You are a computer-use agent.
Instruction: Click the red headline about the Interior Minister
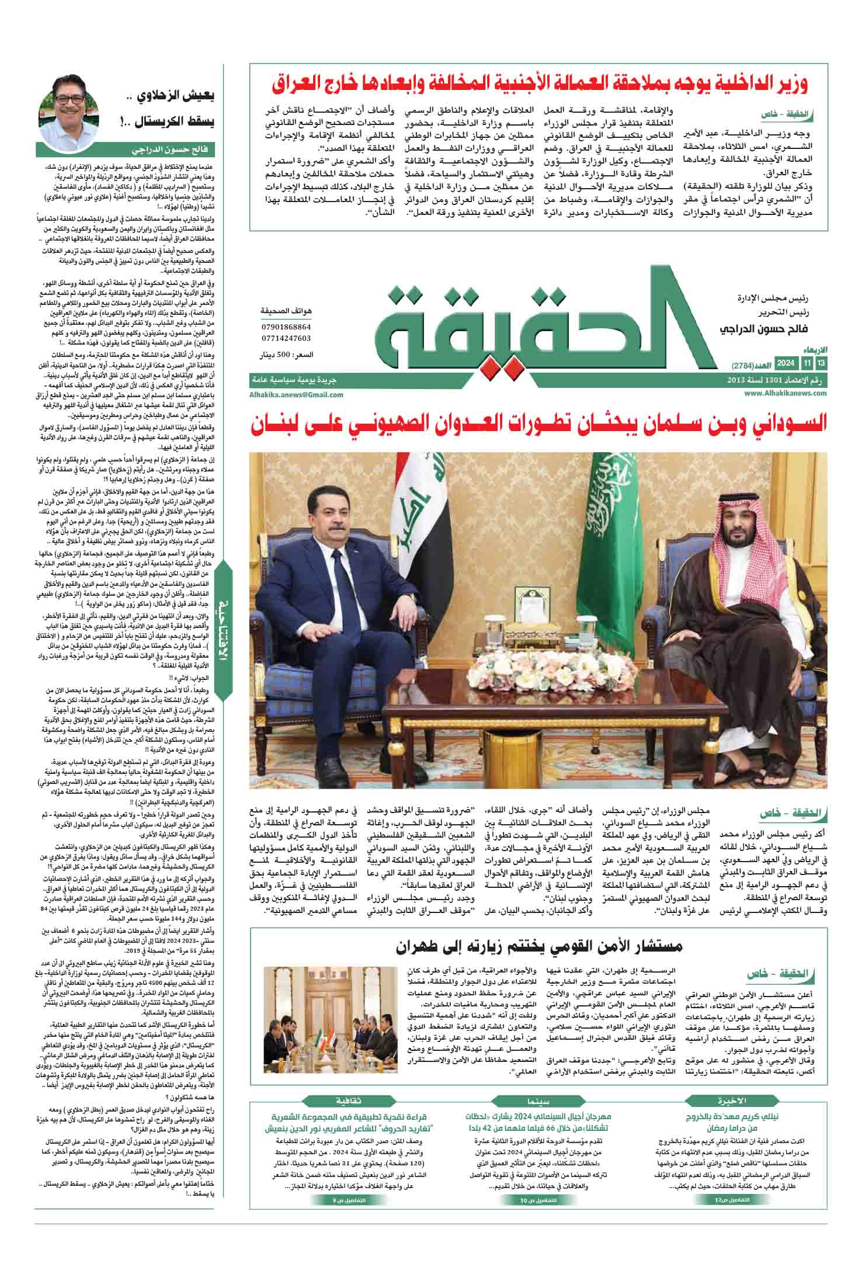tap(540, 84)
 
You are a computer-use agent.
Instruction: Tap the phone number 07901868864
tap(286, 327)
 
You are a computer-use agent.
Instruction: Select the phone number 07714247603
tap(286, 338)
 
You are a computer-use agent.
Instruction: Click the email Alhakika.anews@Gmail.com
tap(296, 395)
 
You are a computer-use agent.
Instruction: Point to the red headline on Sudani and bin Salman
tap(540, 425)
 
